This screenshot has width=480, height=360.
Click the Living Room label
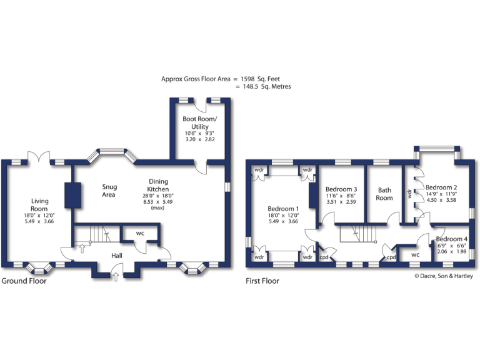40,204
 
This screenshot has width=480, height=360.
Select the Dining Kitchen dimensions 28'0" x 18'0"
157,196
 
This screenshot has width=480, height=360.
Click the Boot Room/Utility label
199,122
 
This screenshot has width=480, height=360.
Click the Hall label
117,256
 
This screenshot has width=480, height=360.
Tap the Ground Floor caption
24,281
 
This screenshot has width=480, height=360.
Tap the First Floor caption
262,281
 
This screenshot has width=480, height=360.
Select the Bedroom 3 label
341,189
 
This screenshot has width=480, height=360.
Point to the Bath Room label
384,194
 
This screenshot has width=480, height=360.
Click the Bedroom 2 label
441,187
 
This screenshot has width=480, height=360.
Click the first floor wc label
414,255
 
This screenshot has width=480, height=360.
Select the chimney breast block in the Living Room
72,194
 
